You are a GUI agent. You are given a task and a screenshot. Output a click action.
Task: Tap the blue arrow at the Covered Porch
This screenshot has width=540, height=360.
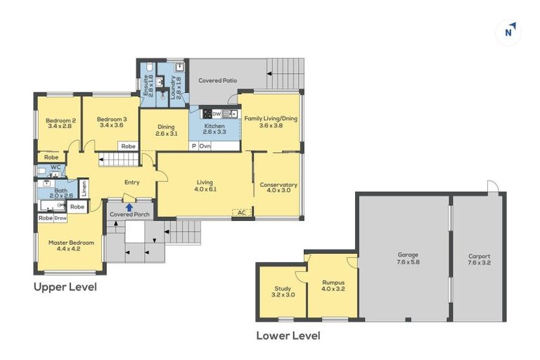click(x=129, y=207)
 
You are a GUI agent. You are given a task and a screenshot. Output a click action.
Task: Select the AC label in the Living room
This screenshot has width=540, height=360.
click(x=242, y=212)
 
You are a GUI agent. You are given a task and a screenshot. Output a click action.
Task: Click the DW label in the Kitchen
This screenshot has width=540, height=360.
click(x=217, y=113)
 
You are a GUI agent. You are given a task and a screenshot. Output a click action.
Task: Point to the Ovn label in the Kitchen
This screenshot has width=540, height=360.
click(x=205, y=146)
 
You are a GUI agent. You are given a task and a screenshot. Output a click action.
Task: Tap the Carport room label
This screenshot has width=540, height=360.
click(x=479, y=260)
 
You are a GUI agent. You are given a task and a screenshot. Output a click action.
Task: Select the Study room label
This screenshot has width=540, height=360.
click(x=283, y=291)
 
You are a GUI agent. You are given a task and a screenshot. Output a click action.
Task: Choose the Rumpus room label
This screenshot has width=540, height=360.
click(x=333, y=284)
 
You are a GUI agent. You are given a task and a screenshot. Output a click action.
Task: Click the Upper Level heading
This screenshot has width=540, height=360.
click(x=65, y=287)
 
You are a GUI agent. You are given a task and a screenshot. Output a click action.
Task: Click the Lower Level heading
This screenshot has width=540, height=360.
click(x=288, y=335)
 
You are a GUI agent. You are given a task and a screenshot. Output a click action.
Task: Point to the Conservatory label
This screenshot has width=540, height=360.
click(x=278, y=188)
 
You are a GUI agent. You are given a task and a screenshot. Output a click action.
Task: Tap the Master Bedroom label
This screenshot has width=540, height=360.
click(x=71, y=246)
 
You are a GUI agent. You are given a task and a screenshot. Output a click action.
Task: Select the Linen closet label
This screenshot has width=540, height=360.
click(x=83, y=188)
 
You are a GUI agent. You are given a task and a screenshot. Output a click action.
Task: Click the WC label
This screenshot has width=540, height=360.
click(x=56, y=167)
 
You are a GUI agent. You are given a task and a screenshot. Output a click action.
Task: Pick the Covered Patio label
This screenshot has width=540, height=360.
click(x=217, y=81)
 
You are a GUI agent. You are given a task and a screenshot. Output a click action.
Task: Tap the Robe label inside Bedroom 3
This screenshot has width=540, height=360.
click(x=127, y=146)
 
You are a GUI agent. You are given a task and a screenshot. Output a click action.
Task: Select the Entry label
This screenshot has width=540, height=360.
click(x=131, y=183)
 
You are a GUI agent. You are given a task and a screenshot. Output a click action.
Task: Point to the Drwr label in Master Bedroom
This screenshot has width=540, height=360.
click(x=61, y=218)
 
